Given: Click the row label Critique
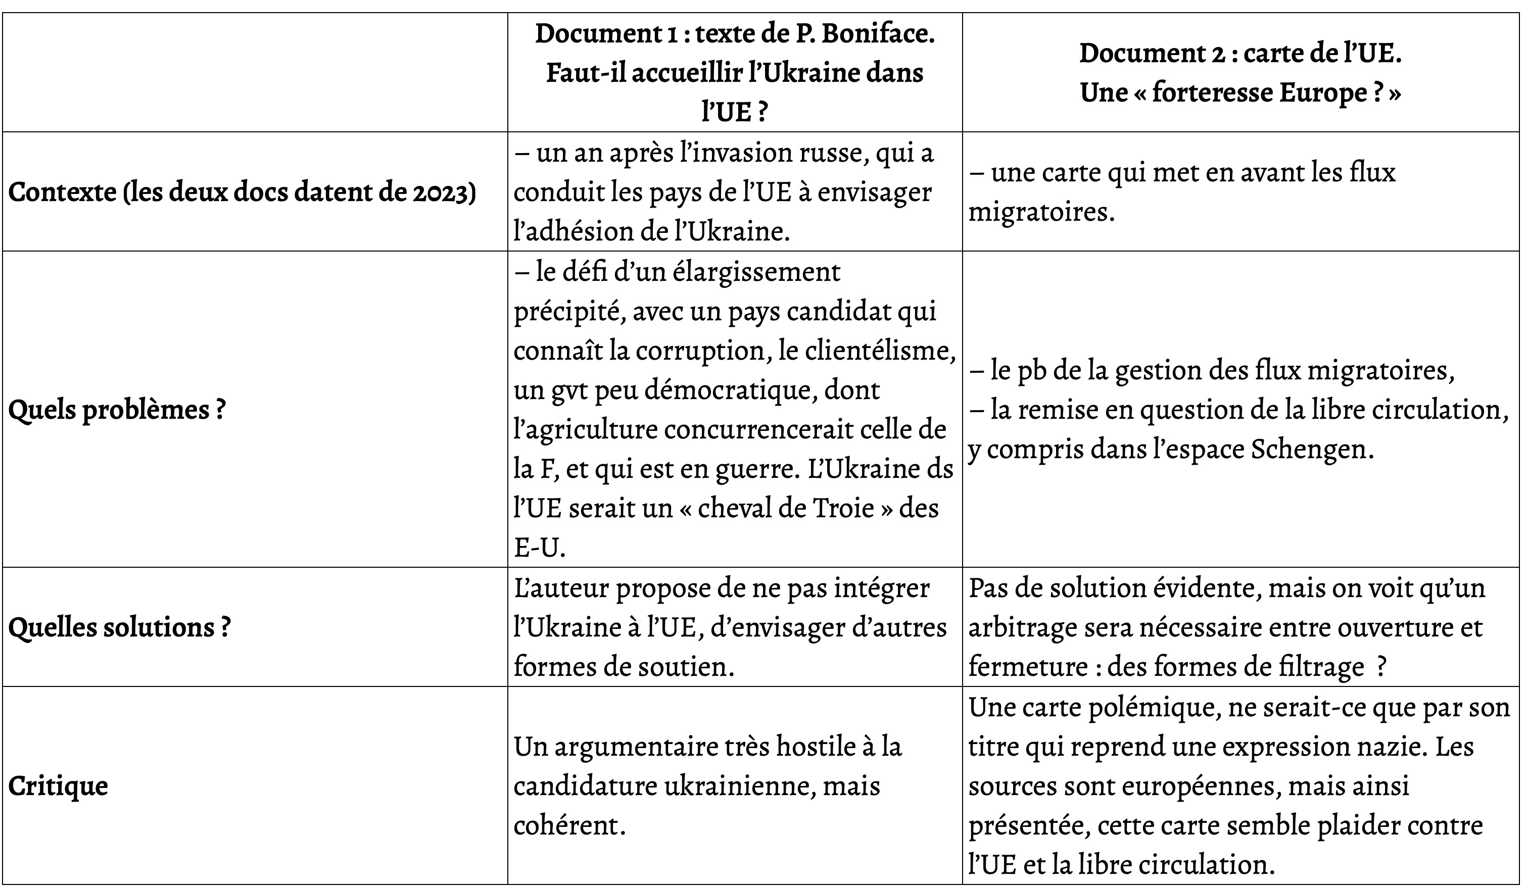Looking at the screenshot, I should point(58,786).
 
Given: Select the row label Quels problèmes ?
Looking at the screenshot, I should point(117,410).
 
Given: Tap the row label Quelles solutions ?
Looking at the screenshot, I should point(119,627).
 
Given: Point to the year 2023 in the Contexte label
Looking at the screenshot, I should point(442,192).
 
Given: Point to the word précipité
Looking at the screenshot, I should point(567,312).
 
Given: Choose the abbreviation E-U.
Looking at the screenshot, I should point(539,547).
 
